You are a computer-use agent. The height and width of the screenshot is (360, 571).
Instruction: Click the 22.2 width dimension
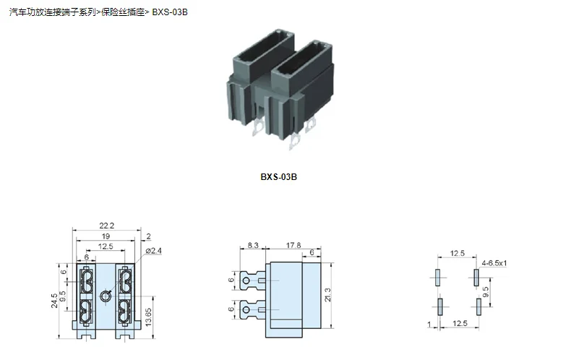pos(107,226)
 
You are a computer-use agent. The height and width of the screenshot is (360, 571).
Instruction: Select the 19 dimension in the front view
pos(106,236)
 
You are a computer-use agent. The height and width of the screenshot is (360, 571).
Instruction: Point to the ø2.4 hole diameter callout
pos(153,251)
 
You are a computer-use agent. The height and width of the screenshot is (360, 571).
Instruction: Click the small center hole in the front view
pos(106,295)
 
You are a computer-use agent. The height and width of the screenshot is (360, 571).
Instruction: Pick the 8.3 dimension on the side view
pos(251,247)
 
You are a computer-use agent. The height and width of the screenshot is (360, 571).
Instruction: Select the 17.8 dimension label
pos(294,247)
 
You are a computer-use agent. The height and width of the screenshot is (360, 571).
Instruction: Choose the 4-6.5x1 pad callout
pos(495,263)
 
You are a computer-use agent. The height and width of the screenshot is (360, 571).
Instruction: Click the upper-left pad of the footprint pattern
pos(438,277)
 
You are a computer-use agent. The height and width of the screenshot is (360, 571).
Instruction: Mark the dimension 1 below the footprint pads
pos(429,325)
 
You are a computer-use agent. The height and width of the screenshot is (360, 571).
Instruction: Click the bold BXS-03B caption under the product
pos(279,176)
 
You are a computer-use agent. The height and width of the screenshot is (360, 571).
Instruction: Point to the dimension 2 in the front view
pos(148,236)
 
